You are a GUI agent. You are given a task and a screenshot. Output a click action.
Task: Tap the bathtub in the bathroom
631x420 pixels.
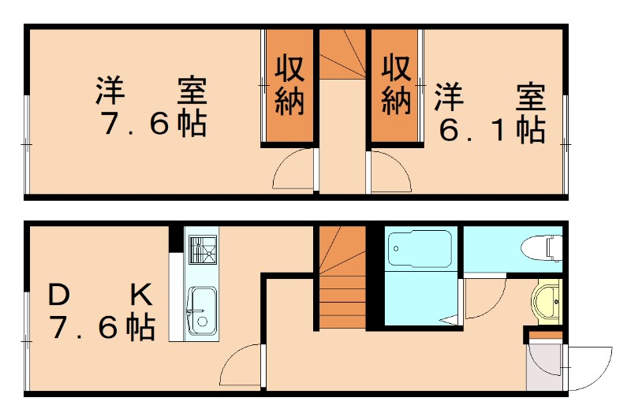coord(419,249)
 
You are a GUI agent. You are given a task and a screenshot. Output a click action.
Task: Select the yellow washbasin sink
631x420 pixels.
coord(546,301)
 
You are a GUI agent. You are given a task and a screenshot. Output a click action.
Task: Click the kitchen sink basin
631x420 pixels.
coord(202,308)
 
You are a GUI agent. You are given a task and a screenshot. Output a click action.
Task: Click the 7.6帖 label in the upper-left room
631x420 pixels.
coord(153,125)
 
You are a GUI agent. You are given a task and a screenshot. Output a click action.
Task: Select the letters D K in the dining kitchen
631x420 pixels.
coord(99,296)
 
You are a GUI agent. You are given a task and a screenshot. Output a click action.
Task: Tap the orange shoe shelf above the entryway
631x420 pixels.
coord(545,336)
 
